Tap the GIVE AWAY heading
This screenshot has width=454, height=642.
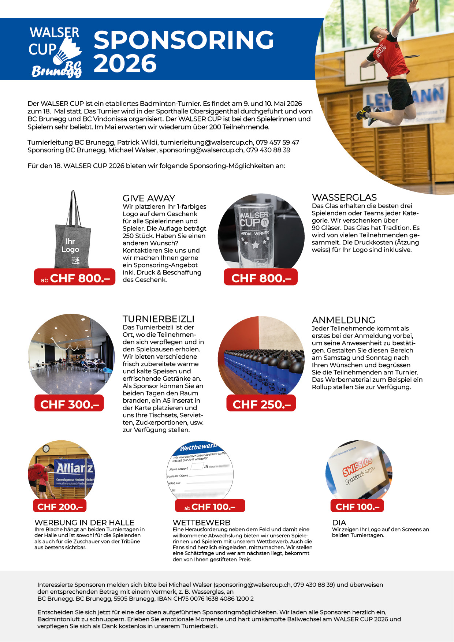tap(149, 198)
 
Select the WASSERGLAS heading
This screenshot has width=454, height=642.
tap(344, 197)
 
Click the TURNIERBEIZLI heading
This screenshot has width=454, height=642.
tap(158, 319)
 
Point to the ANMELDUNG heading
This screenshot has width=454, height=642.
tap(343, 320)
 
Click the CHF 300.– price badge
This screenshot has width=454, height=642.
tap(70, 404)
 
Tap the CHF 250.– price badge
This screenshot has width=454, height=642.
tap(261, 404)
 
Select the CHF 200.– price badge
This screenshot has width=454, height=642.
tap(60, 507)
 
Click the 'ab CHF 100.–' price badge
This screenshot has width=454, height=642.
tap(209, 507)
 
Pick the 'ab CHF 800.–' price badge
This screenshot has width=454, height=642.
tap(75, 278)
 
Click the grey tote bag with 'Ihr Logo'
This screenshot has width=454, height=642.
tap(71, 238)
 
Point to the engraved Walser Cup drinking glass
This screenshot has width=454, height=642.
tap(255, 234)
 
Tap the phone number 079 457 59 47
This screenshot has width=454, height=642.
tap(278, 142)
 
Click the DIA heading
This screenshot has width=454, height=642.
tap(339, 523)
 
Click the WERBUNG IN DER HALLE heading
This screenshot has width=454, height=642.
tap(85, 523)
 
